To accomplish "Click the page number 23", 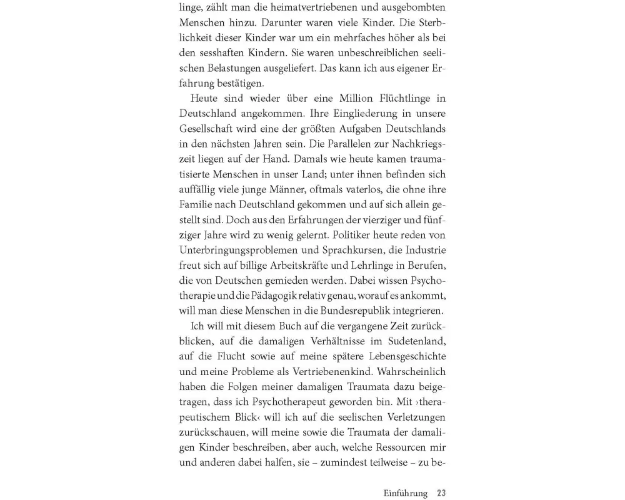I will point(441,493).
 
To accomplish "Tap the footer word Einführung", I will point(405,493).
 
